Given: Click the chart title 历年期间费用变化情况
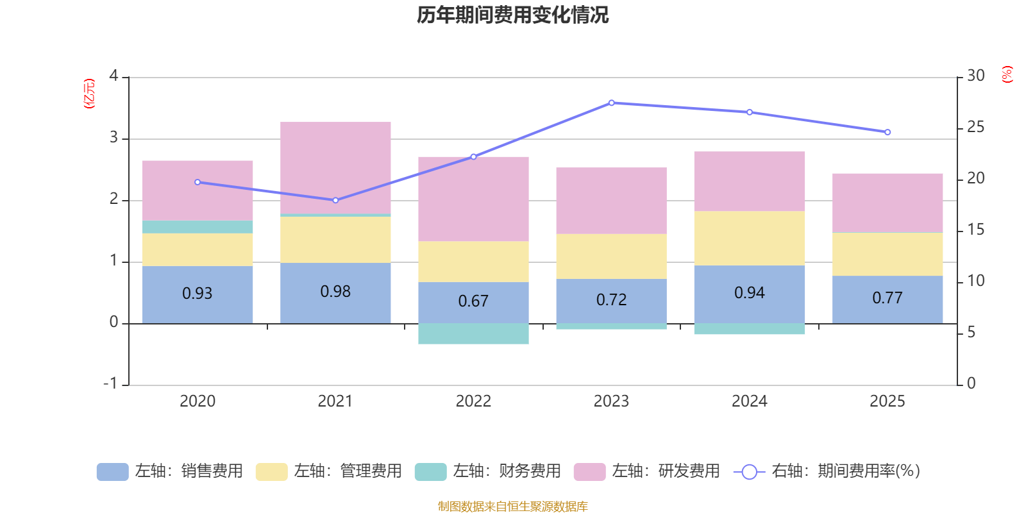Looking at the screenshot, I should (x=512, y=15).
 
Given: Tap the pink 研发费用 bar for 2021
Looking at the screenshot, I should (x=335, y=167).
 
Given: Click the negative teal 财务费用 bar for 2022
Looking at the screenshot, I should (x=473, y=333).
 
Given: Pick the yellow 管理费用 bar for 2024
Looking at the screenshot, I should (x=749, y=238).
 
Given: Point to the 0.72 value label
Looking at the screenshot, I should (x=611, y=299).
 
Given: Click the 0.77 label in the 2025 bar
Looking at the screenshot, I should (x=887, y=298).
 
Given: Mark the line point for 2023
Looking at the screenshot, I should (x=611, y=103).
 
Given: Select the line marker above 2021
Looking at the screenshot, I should (x=335, y=200).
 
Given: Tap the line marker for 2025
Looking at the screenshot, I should (x=887, y=132).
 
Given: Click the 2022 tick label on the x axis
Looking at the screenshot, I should (x=473, y=401).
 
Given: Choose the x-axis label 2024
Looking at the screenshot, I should (x=749, y=401).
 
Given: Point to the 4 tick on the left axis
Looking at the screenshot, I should (x=114, y=76).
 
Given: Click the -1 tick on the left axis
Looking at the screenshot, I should (x=111, y=383).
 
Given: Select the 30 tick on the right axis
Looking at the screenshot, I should (x=975, y=76).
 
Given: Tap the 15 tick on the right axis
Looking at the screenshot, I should (x=975, y=230).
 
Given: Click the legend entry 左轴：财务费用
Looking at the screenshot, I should (x=488, y=471).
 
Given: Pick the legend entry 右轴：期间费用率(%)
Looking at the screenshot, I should (x=827, y=471).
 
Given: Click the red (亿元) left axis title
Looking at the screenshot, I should (x=89, y=94).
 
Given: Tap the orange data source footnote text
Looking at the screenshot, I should (x=512, y=507).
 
